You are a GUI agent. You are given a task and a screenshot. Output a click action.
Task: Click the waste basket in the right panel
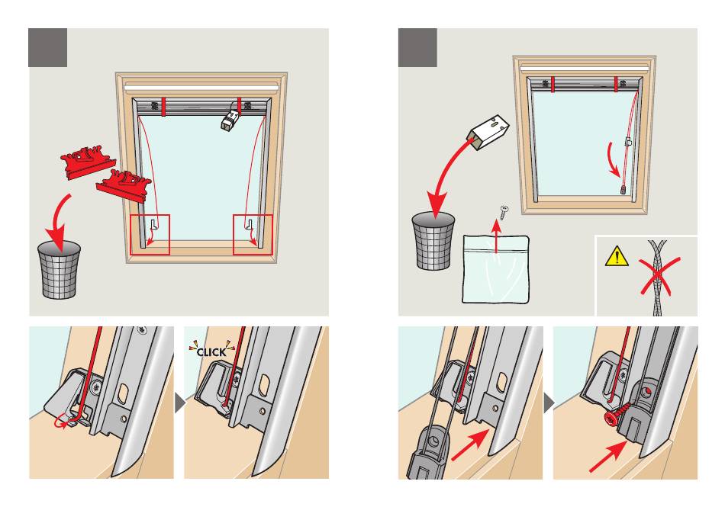click(x=433, y=240)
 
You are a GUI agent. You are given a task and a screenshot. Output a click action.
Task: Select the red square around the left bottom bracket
click(x=150, y=234)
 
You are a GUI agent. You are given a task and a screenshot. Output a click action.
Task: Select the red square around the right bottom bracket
click(x=253, y=234)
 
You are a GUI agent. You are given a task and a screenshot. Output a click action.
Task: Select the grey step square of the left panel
click(x=48, y=47)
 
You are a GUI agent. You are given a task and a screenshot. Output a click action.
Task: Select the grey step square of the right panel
click(x=418, y=47)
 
